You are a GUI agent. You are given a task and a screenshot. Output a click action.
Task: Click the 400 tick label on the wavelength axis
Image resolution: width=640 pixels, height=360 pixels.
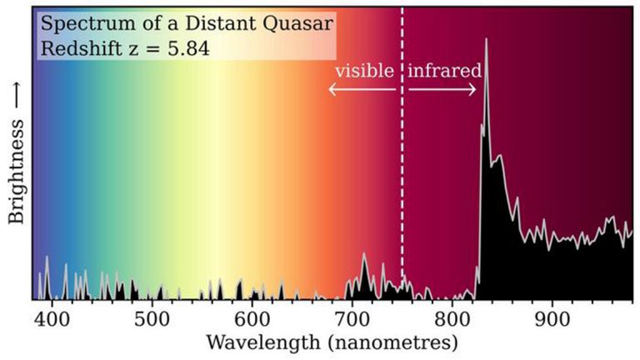(x=52, y=318)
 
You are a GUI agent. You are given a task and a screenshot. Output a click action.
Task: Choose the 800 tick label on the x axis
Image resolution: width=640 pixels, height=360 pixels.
(x=452, y=318)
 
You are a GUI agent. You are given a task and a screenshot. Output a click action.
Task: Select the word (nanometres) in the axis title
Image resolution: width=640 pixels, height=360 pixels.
(x=389, y=342)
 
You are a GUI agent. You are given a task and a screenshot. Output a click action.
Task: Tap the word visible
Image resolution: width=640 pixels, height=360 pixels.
(x=363, y=70)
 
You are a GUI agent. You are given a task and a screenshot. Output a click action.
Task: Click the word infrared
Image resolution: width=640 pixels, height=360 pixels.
(x=444, y=70)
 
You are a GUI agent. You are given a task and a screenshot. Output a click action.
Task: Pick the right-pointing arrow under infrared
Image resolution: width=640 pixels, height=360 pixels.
(x=442, y=89)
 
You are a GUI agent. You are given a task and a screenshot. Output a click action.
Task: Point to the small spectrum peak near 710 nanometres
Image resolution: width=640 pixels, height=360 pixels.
(x=364, y=254)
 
